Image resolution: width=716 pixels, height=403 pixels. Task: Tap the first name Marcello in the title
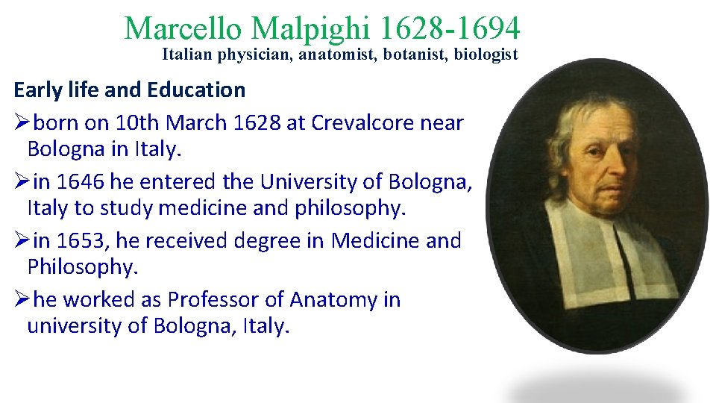point(183,29)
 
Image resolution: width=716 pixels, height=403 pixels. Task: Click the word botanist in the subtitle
point(413,54)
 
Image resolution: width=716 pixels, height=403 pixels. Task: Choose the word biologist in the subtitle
point(486,54)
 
